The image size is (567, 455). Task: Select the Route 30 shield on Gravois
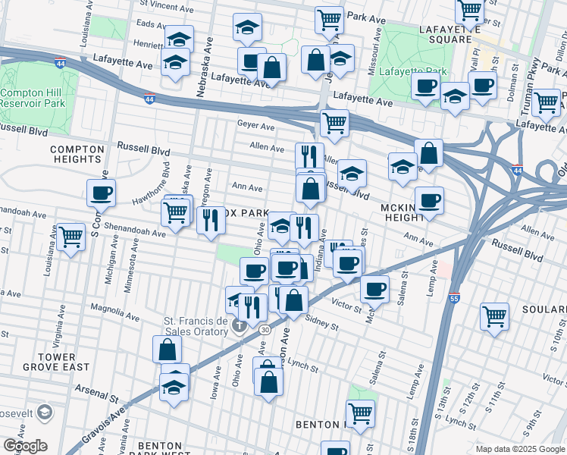click(264, 329)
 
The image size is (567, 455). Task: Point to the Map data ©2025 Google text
click(519, 449)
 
